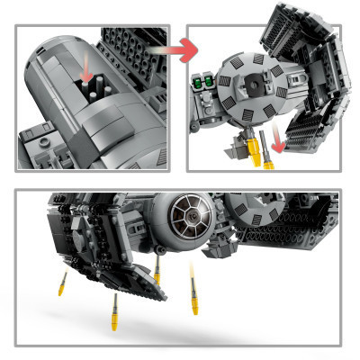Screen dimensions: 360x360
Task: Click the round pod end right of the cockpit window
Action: [x=243, y=213]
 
